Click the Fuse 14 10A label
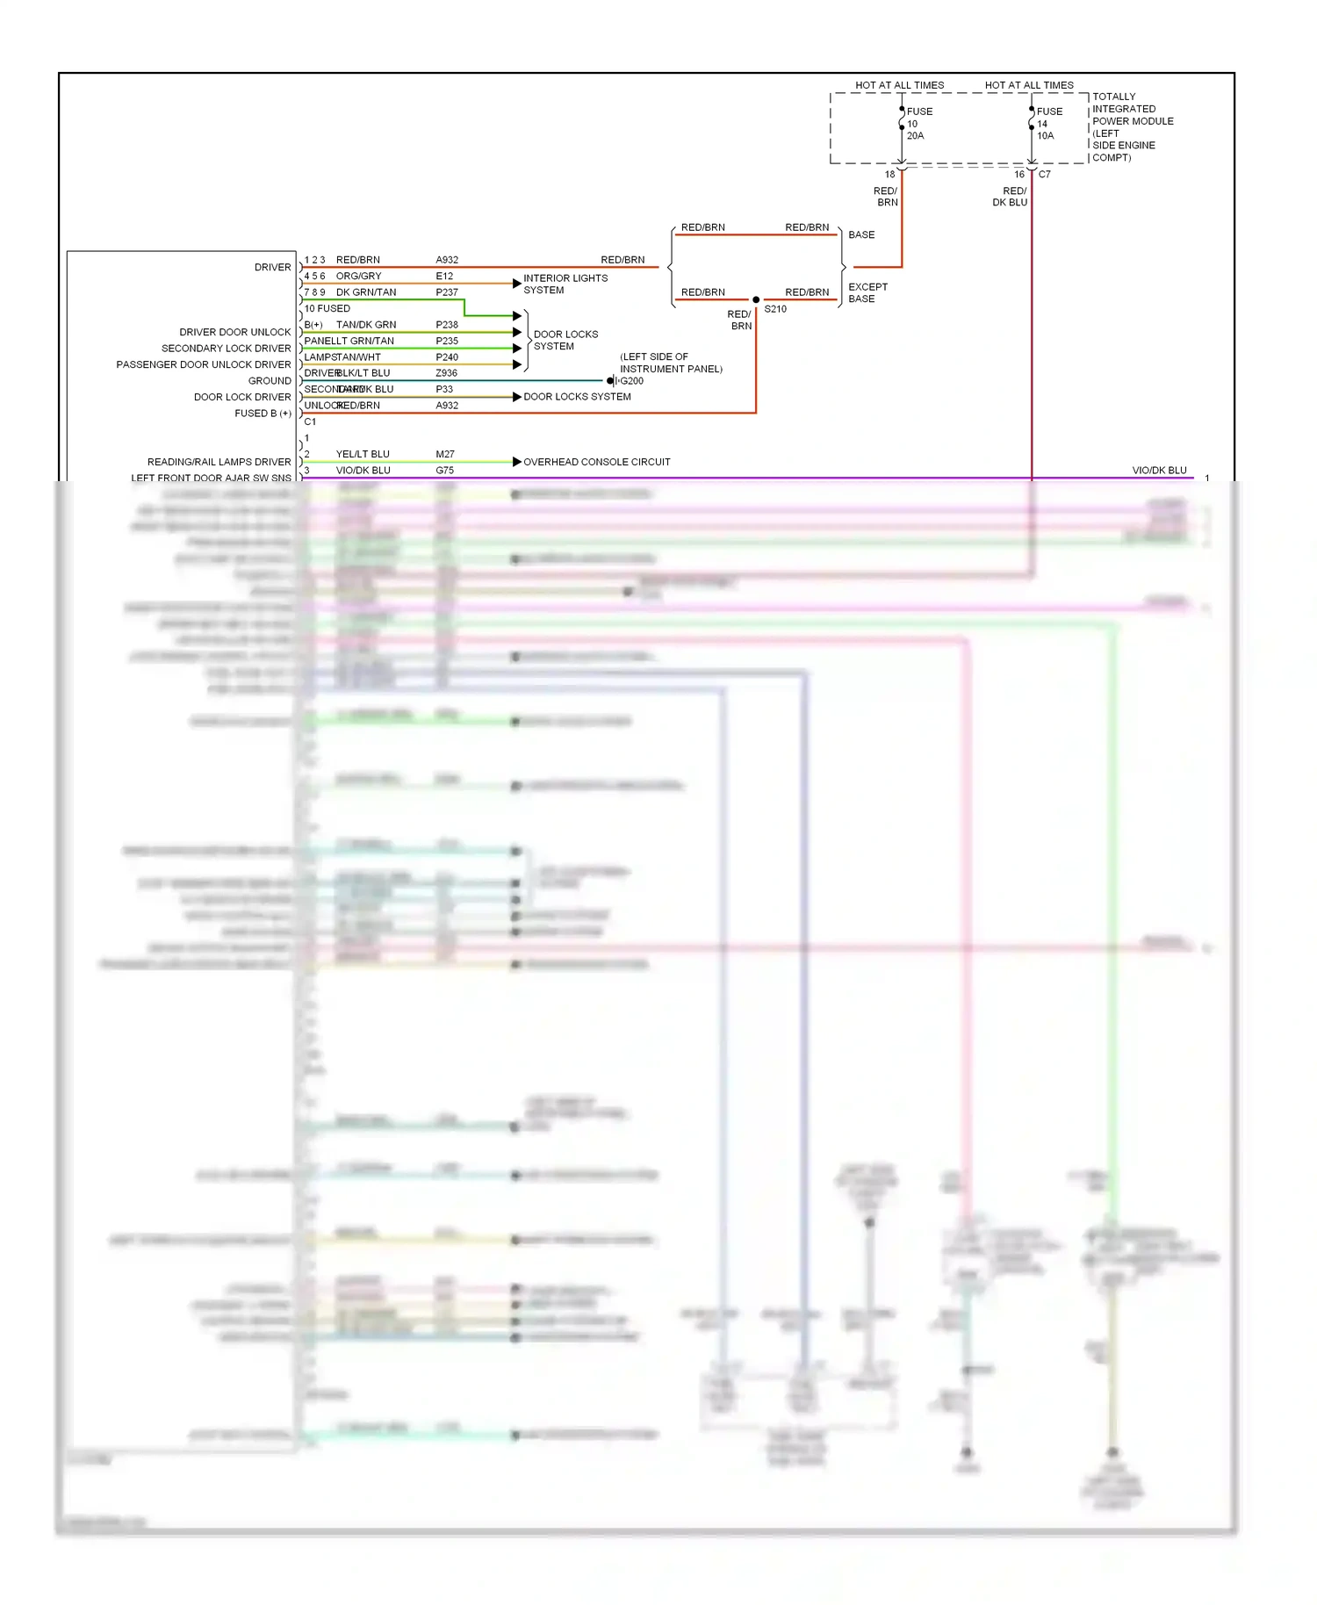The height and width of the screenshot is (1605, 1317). pyautogui.click(x=1047, y=124)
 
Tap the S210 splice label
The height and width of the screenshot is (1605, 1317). pyautogui.click(x=775, y=309)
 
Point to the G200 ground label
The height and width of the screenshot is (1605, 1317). pyautogui.click(x=631, y=381)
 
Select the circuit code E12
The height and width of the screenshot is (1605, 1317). pyautogui.click(x=444, y=276)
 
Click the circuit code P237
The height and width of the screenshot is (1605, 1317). pyautogui.click(x=446, y=292)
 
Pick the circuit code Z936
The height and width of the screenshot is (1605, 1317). pyautogui.click(x=446, y=373)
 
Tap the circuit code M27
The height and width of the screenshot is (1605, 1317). pyautogui.click(x=445, y=454)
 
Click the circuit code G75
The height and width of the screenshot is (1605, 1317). pyautogui.click(x=445, y=471)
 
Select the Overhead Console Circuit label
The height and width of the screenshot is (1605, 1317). pyautogui.click(x=596, y=462)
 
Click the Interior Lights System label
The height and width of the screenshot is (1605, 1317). pyautogui.click(x=565, y=284)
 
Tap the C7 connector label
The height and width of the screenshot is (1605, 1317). pyautogui.click(x=1044, y=175)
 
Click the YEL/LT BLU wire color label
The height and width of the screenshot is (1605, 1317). pyautogui.click(x=363, y=454)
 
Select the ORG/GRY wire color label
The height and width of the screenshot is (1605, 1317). pyautogui.click(x=358, y=276)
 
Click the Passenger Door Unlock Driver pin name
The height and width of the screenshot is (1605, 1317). pyautogui.click(x=203, y=364)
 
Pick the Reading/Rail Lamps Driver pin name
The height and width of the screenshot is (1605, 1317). pyautogui.click(x=219, y=462)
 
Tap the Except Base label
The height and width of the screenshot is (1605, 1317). pyautogui.click(x=867, y=293)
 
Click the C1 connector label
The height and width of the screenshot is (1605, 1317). pyautogui.click(x=310, y=421)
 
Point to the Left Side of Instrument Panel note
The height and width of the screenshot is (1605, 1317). pyautogui.click(x=671, y=363)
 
